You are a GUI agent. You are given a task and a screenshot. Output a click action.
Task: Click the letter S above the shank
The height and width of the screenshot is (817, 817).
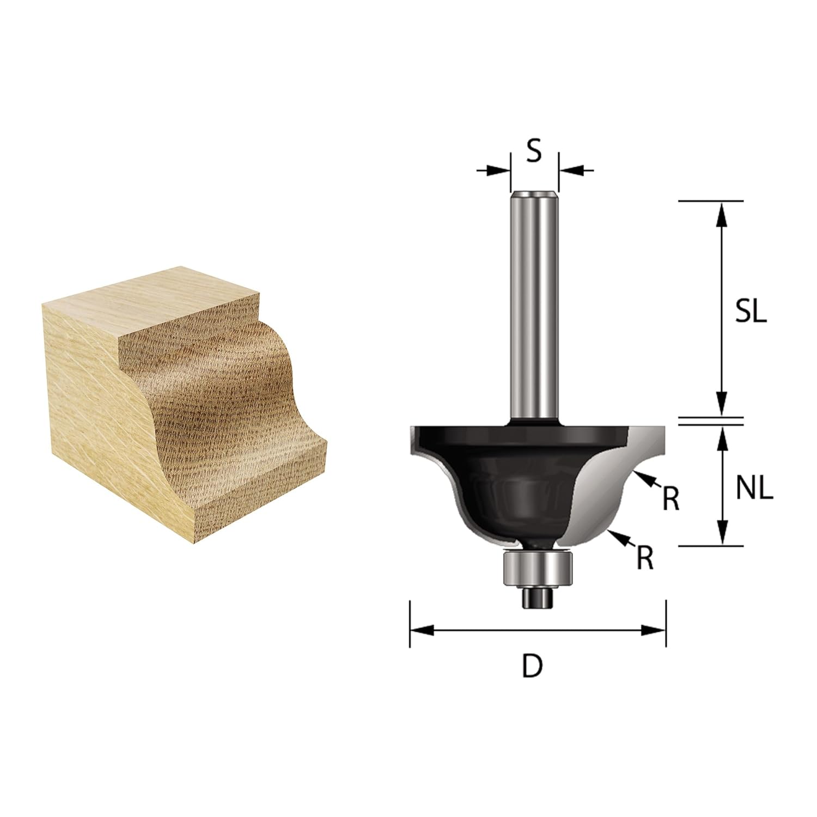(535, 152)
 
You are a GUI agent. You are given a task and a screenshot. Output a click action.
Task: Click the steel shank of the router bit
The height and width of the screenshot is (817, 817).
(535, 305)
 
